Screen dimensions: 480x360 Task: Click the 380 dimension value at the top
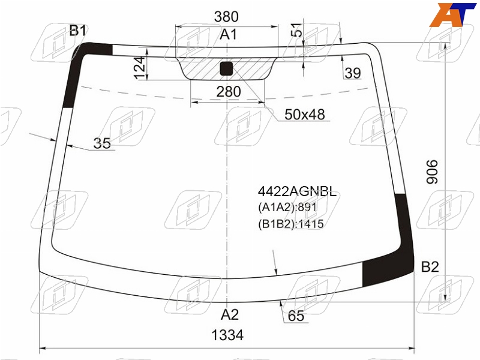(226, 17)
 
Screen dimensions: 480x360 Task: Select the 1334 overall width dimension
(227, 335)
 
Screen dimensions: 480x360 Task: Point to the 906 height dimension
(432, 172)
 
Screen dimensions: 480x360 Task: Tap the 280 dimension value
(229, 92)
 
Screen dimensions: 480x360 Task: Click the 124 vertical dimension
(140, 68)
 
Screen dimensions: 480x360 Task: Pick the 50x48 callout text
(305, 115)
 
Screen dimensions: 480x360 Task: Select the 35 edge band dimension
(102, 143)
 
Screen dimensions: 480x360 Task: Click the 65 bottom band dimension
(296, 316)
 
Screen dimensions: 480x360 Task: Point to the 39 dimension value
(353, 73)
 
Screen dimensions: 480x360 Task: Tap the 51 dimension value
(296, 29)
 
